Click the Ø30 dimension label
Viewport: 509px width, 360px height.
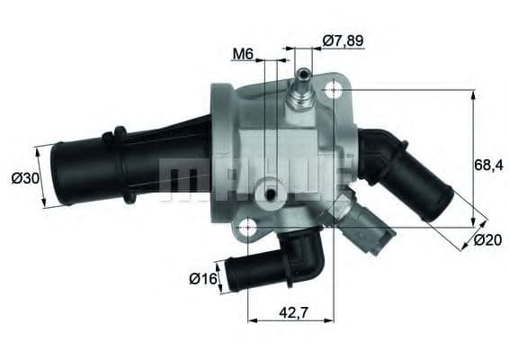coord(23,178)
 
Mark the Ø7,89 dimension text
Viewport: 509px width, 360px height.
coord(343,40)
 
